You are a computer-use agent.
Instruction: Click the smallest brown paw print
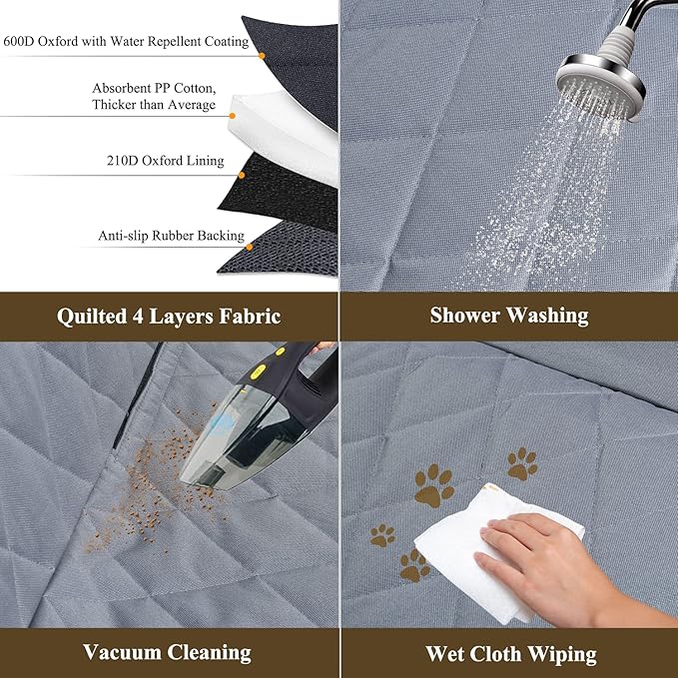point(381,535)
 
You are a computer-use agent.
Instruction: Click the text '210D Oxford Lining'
point(165,161)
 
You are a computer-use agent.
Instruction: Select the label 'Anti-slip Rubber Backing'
point(171,237)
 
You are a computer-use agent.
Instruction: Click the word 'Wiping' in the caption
point(560,655)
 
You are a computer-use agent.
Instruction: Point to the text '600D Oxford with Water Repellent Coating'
point(126,42)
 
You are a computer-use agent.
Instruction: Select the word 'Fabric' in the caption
point(248,317)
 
